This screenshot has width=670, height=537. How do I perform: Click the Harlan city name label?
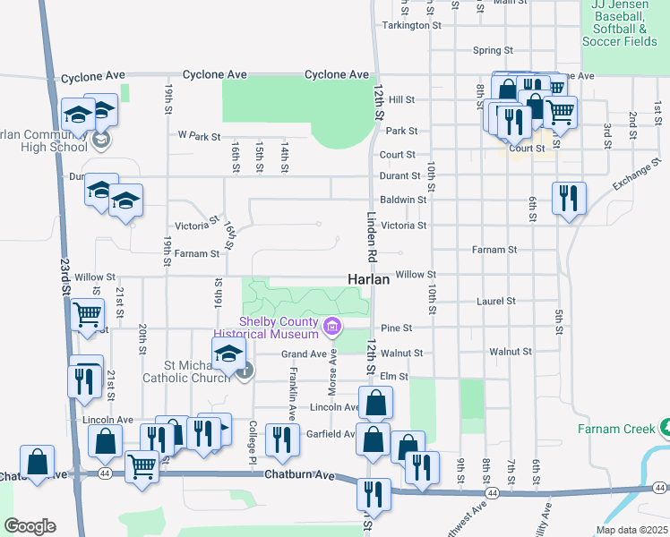368,279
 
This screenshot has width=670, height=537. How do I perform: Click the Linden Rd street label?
373,236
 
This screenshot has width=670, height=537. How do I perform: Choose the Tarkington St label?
412,25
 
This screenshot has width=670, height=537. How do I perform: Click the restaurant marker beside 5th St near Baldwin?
569,199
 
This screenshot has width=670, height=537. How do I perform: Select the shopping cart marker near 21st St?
88,316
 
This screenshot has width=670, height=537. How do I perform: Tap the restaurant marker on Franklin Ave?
282,439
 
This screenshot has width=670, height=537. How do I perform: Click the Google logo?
30,526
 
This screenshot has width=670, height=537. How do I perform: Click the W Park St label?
199,136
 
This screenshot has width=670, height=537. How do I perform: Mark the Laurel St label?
496,302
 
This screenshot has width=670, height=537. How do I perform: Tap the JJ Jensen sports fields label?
619,23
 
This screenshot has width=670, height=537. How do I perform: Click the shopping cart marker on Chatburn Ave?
142,465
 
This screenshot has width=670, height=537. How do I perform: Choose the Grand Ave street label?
305,354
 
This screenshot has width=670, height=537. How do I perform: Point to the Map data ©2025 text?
631,530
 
